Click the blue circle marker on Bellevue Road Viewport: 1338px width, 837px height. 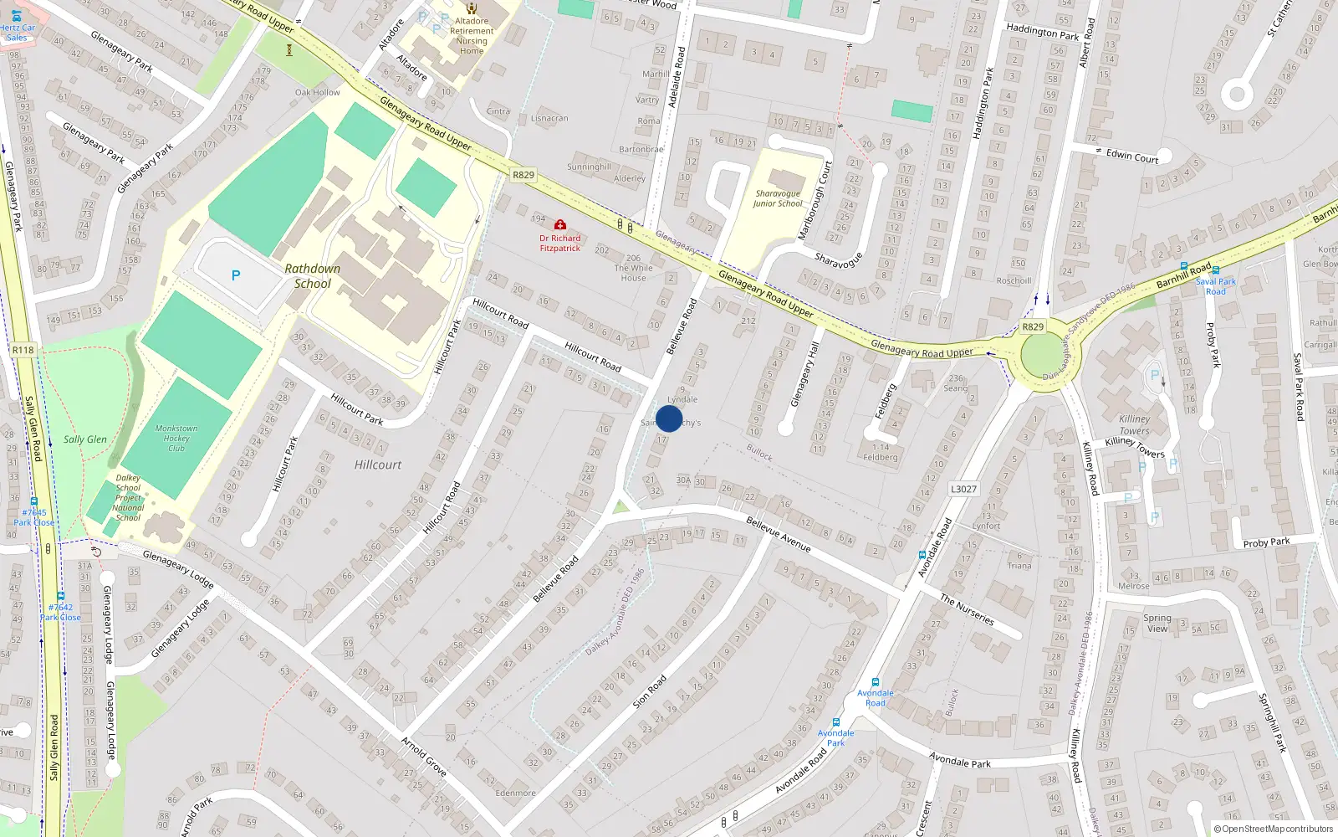point(669,418)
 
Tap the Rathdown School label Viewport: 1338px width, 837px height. point(313,276)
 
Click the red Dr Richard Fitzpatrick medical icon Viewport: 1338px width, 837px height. point(560,225)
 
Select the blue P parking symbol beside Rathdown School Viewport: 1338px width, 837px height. point(236,275)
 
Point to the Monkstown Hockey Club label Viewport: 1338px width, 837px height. point(176,438)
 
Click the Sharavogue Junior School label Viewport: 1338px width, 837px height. point(778,198)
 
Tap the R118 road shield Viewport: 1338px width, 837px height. point(23,350)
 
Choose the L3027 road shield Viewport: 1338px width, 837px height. point(963,489)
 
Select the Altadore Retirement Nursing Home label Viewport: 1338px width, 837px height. point(472,36)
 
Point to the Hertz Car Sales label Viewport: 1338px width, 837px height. point(17,33)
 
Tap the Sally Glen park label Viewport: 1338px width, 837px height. point(85,439)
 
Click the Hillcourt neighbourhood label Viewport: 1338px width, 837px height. point(378,465)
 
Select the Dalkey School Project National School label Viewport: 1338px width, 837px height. point(128,498)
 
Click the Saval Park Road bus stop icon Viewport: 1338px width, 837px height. point(1215,270)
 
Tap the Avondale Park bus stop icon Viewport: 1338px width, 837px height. point(835,722)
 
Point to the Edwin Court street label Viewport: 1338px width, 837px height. point(1132,156)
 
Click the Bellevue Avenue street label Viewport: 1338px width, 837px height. point(779,534)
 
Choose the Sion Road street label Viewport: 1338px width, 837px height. point(650,691)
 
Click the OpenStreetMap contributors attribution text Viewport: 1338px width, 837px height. point(1274,829)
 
